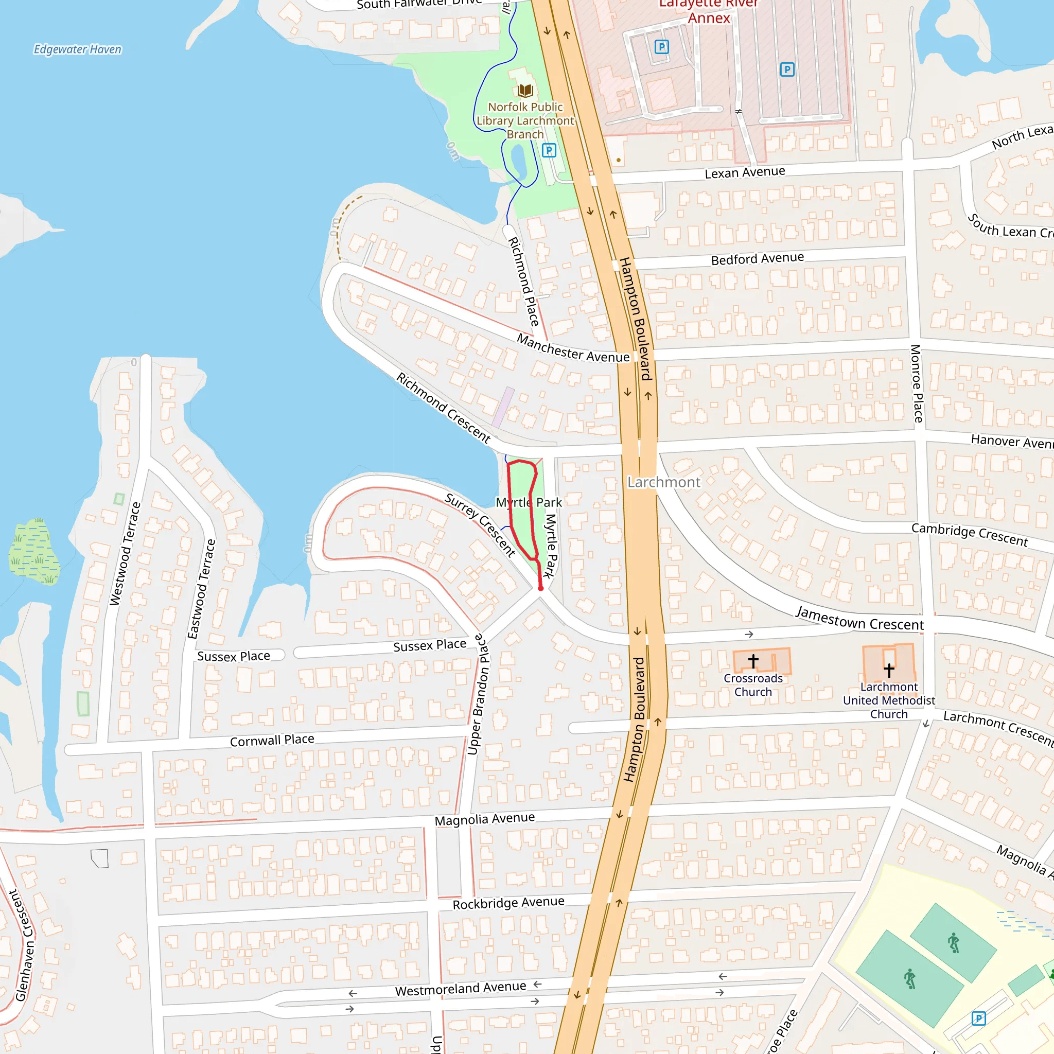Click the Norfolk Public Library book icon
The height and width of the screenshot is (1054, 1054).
[x=525, y=90]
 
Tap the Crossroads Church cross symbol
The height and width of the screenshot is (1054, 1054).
[x=753, y=661]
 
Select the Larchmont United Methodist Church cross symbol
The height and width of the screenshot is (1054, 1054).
[x=889, y=670]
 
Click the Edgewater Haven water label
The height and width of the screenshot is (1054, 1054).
[x=78, y=49]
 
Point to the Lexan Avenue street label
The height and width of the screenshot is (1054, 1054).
[x=745, y=172]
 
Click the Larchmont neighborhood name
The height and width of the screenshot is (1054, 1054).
[x=663, y=482]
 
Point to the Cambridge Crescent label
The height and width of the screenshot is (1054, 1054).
[x=970, y=535]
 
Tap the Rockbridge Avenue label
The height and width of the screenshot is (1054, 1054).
[x=508, y=903]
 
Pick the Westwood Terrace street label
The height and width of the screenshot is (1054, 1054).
[x=125, y=554]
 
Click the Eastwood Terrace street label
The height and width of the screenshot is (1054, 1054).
[x=201, y=589]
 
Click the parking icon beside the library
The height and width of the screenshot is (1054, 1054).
[x=549, y=150]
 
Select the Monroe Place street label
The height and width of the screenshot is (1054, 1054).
[x=917, y=383]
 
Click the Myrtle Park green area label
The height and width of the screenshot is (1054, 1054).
[x=528, y=502]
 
